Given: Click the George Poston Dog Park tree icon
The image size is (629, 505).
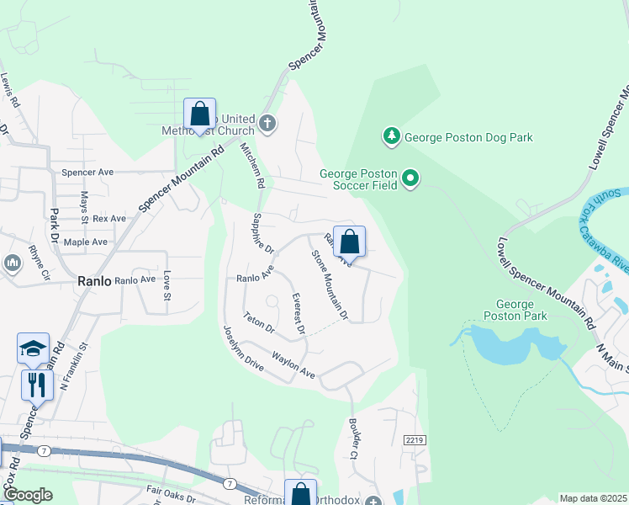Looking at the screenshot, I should (x=391, y=136).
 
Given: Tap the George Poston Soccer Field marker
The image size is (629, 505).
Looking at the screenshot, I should (x=410, y=178).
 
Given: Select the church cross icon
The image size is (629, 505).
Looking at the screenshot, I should (x=267, y=124).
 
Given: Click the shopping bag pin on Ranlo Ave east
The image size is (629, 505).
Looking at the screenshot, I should (x=350, y=242).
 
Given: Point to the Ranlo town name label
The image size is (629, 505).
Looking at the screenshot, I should (x=95, y=281).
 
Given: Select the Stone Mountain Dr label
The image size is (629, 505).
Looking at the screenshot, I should (x=330, y=284).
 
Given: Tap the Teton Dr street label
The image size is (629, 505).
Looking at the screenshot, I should (x=259, y=322).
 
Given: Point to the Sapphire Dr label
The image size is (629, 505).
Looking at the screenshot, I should (x=263, y=234).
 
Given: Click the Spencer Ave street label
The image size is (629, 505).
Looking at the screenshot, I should (x=87, y=172).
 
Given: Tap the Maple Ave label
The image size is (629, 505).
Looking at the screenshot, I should (x=86, y=242).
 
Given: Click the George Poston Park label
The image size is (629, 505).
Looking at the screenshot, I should (x=515, y=310).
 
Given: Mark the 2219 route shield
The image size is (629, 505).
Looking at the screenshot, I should (x=414, y=440).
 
